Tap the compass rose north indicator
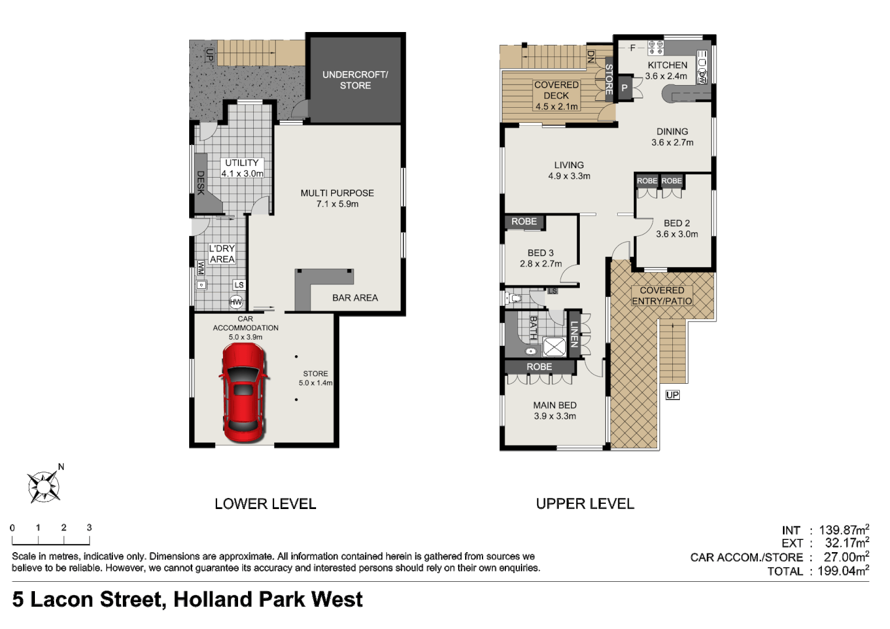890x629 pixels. click(44, 485)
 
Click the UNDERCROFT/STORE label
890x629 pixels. click(354, 80)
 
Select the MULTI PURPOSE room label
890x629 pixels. click(337, 193)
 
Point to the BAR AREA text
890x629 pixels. click(355, 298)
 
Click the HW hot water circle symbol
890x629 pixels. click(236, 302)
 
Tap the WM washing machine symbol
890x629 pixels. click(201, 268)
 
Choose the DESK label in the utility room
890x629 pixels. click(201, 182)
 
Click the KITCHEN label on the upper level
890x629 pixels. click(667, 65)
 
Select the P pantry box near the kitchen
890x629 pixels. click(625, 88)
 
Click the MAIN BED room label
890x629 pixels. click(555, 405)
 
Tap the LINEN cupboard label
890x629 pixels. click(574, 334)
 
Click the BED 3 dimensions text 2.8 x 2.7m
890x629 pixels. click(541, 264)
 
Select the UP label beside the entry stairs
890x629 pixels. click(672, 395)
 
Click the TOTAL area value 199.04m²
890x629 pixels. click(843, 571)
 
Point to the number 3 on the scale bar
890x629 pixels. click(89, 528)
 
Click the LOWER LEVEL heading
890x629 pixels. click(265, 504)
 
